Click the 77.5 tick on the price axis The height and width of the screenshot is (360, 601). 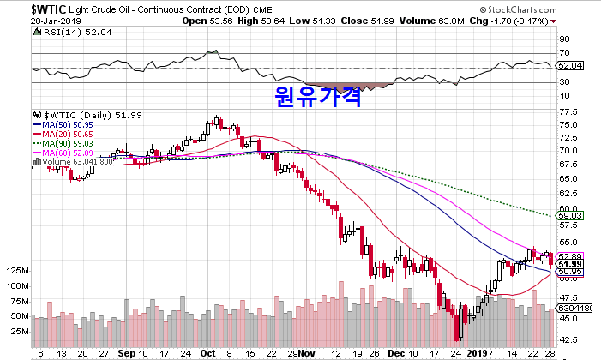[x=568, y=110]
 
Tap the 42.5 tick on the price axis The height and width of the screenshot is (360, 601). [x=568, y=337]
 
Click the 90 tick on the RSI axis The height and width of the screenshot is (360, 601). [x=564, y=39]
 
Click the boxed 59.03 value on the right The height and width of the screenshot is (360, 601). [x=570, y=216]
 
